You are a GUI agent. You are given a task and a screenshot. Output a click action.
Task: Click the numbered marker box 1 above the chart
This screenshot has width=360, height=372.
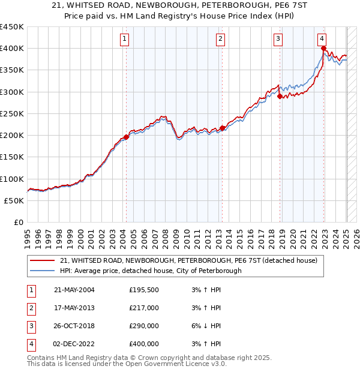[x=124, y=40]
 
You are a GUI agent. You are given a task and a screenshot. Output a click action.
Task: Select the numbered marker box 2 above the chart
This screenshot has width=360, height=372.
[x=221, y=40]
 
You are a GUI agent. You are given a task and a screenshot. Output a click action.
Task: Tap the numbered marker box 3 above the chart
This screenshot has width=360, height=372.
[x=279, y=40]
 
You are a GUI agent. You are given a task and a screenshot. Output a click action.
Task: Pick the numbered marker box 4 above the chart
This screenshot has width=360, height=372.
[x=322, y=40]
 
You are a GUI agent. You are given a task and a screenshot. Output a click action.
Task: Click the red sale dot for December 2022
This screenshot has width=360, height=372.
[x=323, y=49]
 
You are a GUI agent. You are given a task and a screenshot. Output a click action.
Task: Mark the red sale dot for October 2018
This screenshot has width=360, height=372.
[x=280, y=96]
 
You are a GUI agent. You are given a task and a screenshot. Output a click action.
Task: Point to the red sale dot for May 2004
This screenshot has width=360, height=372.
[x=126, y=137]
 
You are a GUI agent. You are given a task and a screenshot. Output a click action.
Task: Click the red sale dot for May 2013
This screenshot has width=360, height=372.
[x=222, y=128]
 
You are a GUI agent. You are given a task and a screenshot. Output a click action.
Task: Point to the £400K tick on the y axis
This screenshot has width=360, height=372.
[x=12, y=49]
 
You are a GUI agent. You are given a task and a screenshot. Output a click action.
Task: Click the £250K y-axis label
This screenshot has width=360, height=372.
[x=12, y=113]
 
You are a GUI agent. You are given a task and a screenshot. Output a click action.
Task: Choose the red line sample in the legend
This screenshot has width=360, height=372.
[x=43, y=260]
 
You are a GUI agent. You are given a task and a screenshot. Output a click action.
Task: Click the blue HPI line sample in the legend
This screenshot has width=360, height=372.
[x=43, y=271]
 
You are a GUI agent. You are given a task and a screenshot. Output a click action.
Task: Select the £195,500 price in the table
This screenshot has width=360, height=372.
[x=143, y=290]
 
